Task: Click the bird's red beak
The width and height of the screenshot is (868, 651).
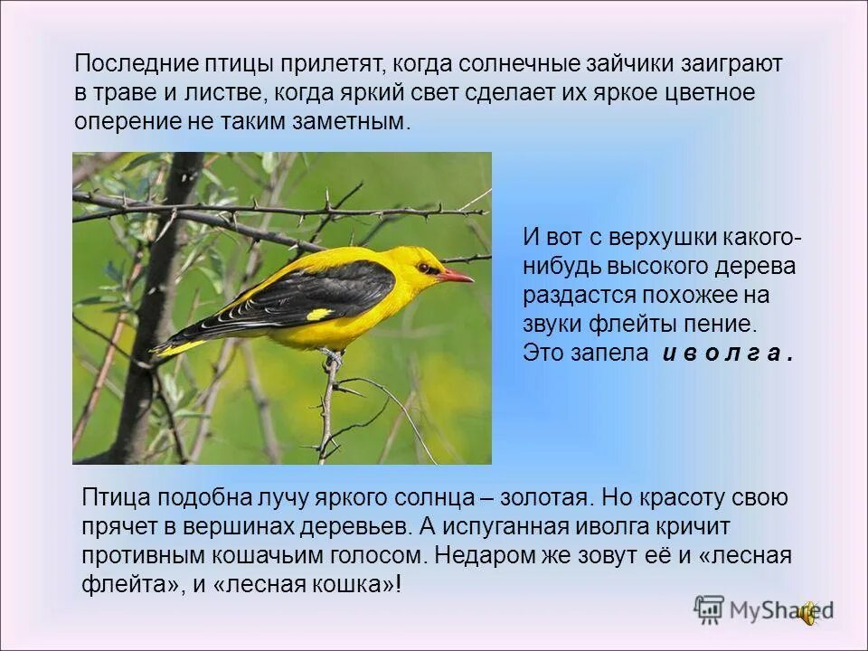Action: pyautogui.click(x=456, y=275)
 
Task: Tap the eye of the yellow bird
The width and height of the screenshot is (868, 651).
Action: pyautogui.click(x=424, y=268)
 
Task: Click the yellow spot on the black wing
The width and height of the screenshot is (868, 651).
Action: pyautogui.click(x=319, y=315)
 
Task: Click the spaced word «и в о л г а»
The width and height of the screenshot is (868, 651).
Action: pyautogui.click(x=728, y=354)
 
